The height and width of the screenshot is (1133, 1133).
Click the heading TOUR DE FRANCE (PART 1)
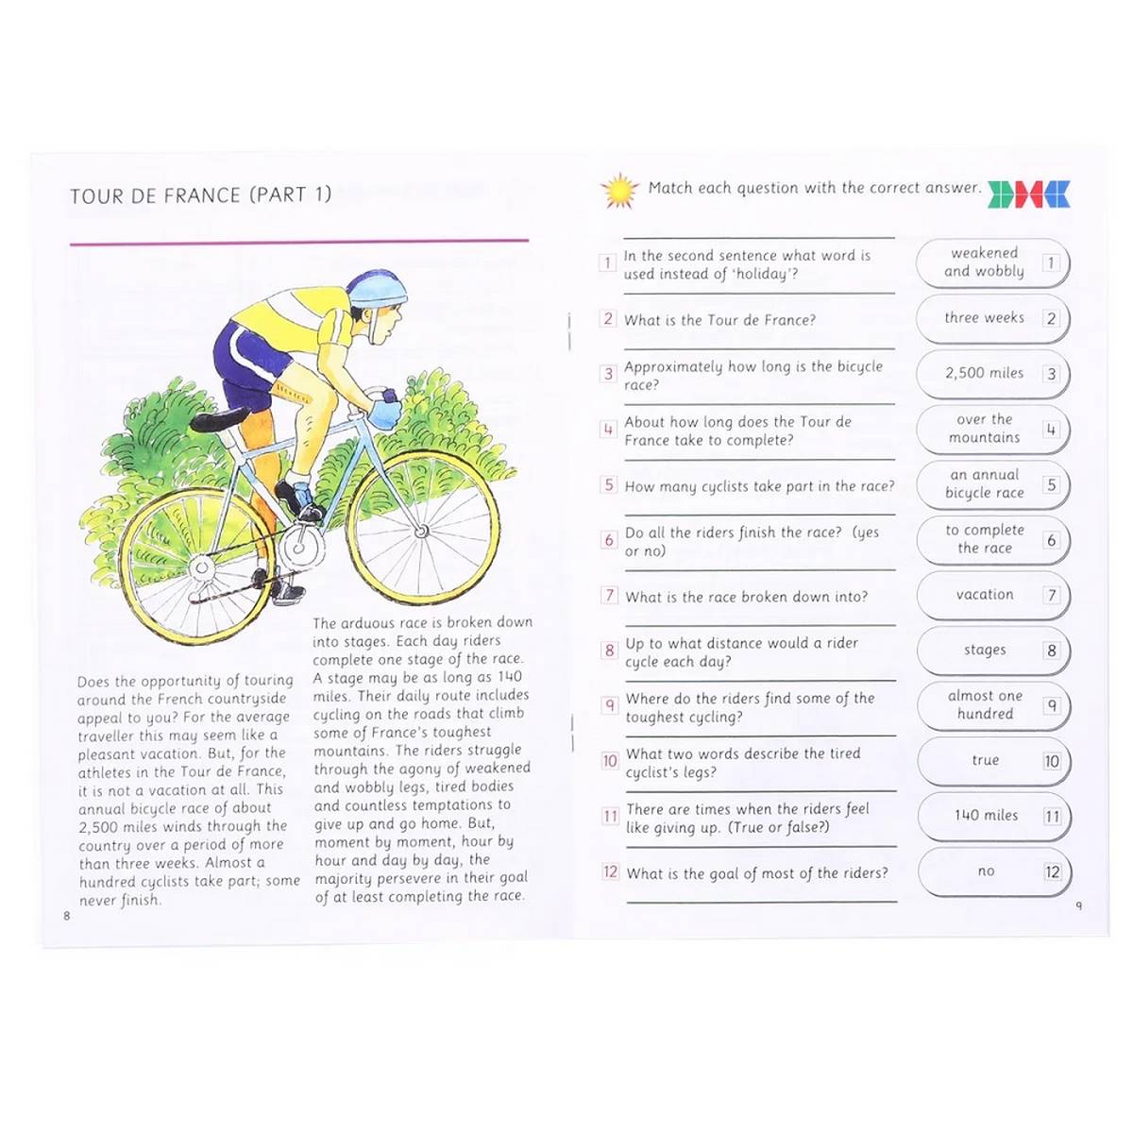(200, 195)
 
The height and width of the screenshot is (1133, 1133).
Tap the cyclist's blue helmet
(377, 287)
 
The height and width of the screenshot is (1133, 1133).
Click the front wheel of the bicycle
(422, 531)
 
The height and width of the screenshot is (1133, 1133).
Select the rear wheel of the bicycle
(200, 567)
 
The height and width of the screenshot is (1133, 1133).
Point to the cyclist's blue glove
(384, 413)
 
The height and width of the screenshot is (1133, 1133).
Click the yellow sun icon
(619, 190)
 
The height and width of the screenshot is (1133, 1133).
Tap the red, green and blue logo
(1029, 194)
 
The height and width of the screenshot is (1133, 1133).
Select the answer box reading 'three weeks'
(992, 319)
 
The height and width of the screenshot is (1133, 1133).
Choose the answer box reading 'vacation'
(992, 596)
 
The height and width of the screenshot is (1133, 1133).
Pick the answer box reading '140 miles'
(992, 817)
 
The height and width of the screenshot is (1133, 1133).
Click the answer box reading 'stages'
(992, 651)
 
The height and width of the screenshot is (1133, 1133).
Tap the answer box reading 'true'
(992, 761)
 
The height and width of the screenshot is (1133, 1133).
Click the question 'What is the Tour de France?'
(719, 320)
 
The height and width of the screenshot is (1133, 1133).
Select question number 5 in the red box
(609, 485)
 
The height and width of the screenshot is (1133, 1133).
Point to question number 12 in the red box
(610, 872)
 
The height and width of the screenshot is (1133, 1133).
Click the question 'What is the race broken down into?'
(746, 597)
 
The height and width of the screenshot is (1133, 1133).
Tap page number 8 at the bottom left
(67, 916)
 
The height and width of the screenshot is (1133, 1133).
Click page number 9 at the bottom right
(1079, 906)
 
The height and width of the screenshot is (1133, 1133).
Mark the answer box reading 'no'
(992, 871)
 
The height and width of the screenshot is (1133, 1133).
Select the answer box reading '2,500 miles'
(992, 374)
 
